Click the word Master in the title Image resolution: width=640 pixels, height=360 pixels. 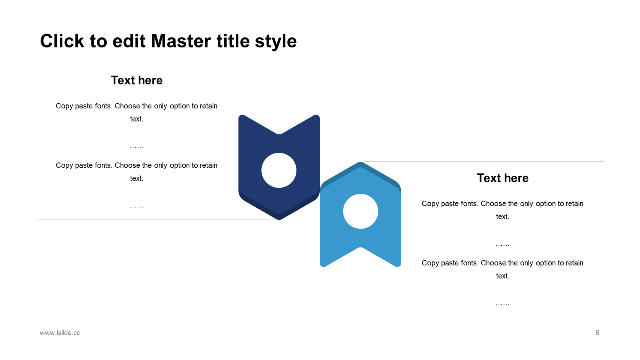click(181, 41)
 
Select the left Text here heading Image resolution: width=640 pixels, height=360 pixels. click(137, 80)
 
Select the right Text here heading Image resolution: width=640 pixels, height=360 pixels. click(503, 178)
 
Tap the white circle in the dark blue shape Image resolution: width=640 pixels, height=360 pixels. click(279, 170)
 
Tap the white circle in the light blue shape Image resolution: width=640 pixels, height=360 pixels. click(360, 211)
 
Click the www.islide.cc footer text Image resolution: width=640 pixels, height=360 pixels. click(60, 333)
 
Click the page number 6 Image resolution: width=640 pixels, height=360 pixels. click(597, 333)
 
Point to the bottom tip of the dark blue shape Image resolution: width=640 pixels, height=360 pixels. click(279, 219)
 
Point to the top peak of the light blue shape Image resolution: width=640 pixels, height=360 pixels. click(360, 162)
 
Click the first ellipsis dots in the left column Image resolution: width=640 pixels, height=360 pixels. click(137, 147)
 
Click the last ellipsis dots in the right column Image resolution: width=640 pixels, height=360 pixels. click(503, 305)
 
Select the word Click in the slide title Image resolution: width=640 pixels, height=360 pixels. click(62, 41)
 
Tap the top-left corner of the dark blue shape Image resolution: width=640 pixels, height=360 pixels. click(240, 116)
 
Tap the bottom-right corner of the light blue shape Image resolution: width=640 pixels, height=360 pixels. click(399, 265)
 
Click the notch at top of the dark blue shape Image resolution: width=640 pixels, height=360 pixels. click(279, 134)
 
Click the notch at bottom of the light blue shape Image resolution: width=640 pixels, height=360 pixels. click(360, 247)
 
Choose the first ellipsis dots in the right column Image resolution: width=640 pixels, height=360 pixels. click(503, 245)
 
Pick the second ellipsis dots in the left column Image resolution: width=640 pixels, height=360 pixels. click(137, 207)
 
